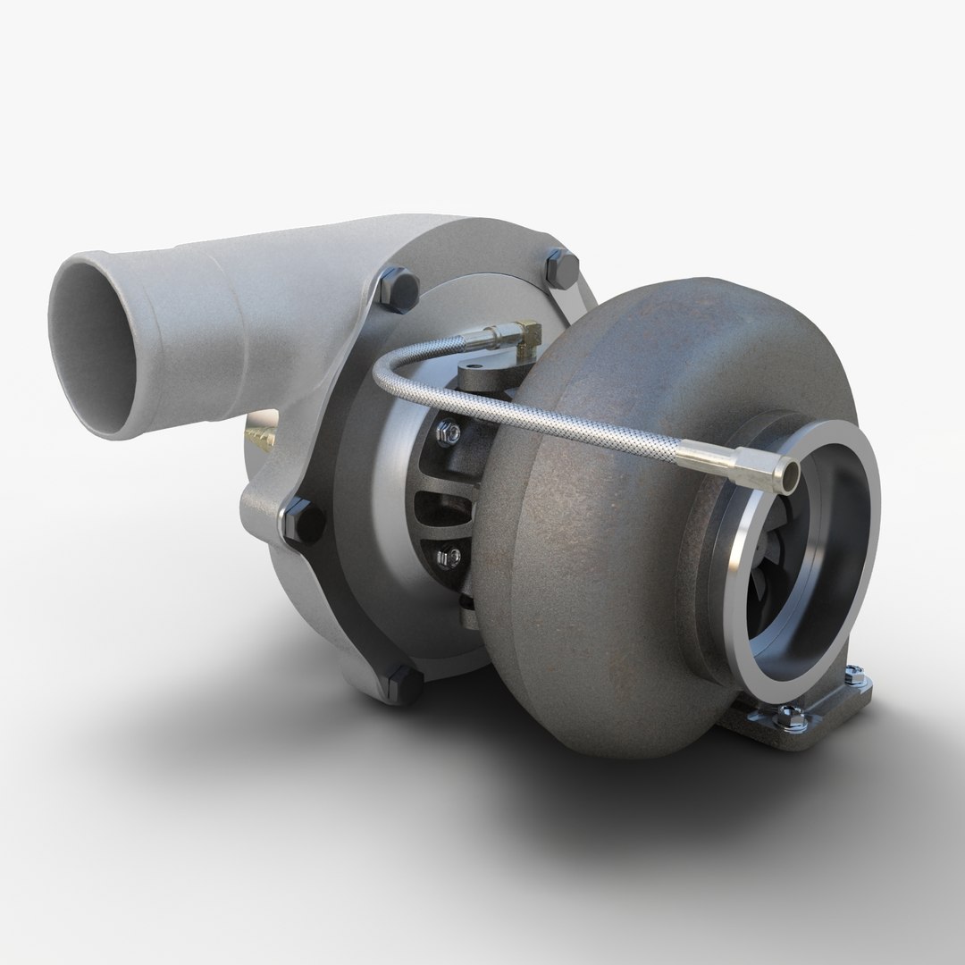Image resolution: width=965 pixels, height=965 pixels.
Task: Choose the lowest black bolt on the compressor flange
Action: [x=407, y=684]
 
